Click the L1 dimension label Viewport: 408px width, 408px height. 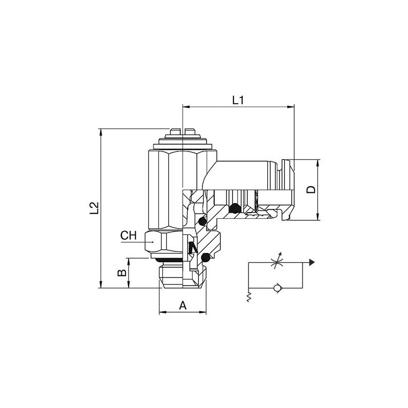(238, 100)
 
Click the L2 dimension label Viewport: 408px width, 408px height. (94, 208)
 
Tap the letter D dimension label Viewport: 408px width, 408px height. (311, 190)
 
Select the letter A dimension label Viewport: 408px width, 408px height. (183, 305)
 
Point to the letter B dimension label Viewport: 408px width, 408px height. (122, 273)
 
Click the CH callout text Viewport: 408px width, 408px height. (129, 236)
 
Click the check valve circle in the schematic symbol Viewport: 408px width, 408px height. (276, 288)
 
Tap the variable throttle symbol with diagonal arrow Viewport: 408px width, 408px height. (276, 261)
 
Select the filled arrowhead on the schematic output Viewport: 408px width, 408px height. (312, 263)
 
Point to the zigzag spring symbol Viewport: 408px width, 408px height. (248, 297)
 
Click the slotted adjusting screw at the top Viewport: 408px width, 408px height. (183, 132)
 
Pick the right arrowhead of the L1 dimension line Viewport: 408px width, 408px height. (291, 107)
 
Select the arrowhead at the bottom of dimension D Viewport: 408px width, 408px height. (318, 217)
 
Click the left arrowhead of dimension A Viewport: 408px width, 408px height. (163, 312)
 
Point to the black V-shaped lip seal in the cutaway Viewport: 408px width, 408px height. (193, 247)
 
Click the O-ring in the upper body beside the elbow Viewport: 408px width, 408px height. (202, 221)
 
